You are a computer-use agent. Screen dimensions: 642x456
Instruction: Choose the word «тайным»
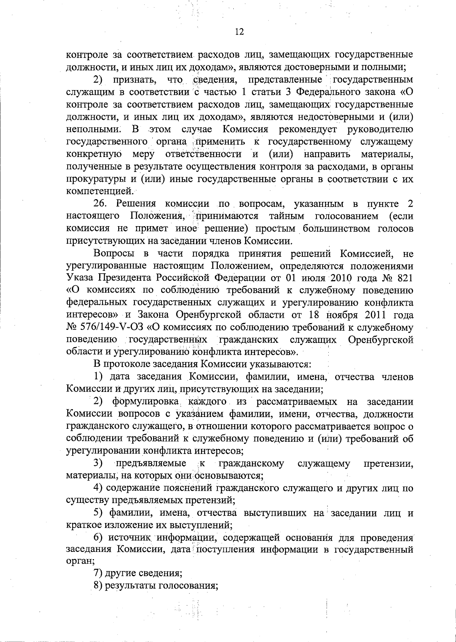(287, 216)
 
